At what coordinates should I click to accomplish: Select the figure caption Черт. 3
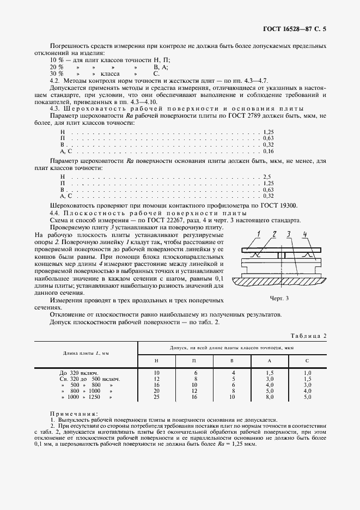point(279,298)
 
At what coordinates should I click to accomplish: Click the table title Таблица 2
point(308,336)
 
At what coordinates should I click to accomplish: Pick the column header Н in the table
point(156,361)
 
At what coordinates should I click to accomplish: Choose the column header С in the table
point(307,361)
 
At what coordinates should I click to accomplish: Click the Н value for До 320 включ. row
point(156,373)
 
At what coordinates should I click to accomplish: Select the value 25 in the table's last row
point(156,397)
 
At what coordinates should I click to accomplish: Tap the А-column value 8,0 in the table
point(269,397)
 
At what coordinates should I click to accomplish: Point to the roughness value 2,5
point(267,177)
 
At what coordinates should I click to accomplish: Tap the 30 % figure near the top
point(56,73)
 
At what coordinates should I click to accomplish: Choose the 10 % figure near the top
point(56,59)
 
